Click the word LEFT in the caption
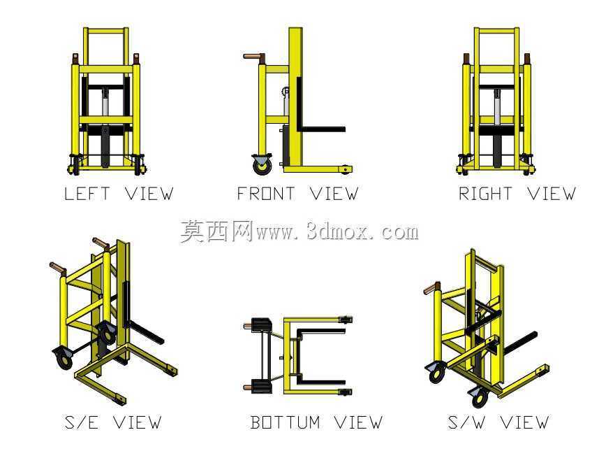pos(87,194)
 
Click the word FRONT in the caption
pos(266,194)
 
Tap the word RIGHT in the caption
pos(485,194)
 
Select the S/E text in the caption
pos(82,422)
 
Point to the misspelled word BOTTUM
pos(286,422)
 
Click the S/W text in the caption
pos(467,422)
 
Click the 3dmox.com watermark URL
pos(337,232)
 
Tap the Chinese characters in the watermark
pos(216,231)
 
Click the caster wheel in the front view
pos(262,164)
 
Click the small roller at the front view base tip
pos(346,169)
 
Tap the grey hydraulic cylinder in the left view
pos(105,101)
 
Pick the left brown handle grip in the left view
pos(75,59)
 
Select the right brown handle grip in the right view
pos(527,59)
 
